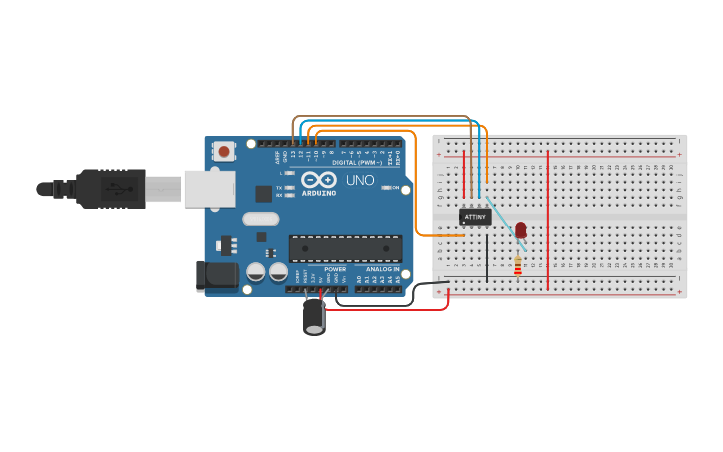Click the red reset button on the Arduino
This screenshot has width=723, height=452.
pos(225,152)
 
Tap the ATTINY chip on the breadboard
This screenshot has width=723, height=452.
pos(475,216)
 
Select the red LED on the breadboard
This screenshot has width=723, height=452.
pos(520,231)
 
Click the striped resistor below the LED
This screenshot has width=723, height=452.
pos(517,265)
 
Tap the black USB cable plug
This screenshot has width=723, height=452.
pos(110,188)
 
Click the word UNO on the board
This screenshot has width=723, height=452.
pos(359,181)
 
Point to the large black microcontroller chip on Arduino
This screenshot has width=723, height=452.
pos(345,249)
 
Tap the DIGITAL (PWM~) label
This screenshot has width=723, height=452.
pos(353,162)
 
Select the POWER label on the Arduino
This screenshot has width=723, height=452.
pos(335,269)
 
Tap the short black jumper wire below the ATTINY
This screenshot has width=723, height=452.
pos(487,255)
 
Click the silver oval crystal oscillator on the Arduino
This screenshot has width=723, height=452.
pos(260,220)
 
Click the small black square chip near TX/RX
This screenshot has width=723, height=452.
pos(263,194)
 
